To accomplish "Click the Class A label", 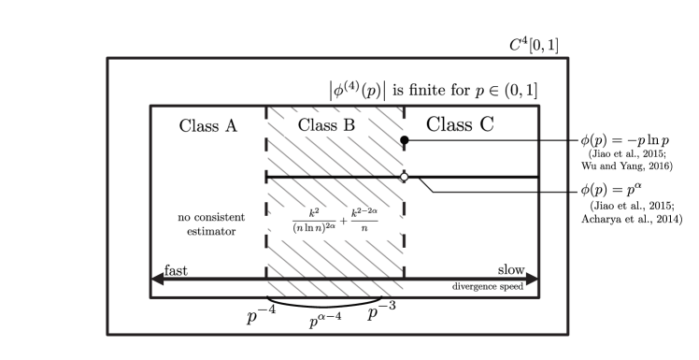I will pos(207,126).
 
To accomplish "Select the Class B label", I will pos(326,125).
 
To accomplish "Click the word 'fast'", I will pos(177,270).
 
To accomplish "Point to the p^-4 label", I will pos(262,314).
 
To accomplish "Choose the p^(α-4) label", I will pos(324,321).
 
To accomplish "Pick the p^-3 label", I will pos(382,310).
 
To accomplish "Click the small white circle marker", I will pos(404,177).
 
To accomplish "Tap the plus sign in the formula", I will pos(343,223).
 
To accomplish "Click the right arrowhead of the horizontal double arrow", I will pos(533,279).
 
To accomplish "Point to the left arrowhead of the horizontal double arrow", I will pos(157,279).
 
